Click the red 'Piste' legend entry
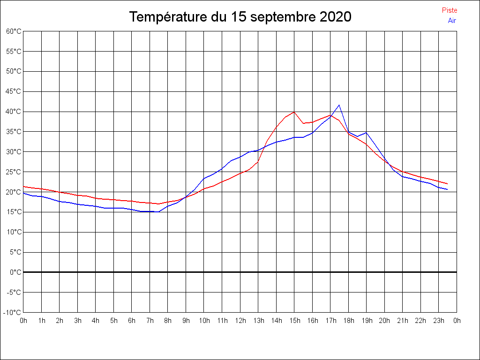point(449,10)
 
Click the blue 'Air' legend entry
point(452,21)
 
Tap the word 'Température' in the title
point(168,17)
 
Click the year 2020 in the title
point(335,17)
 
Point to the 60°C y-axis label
point(14,31)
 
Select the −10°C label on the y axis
point(13,312)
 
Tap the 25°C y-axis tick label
point(14,172)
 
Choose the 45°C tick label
point(14,91)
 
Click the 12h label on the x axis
point(240,321)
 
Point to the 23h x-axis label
point(439,321)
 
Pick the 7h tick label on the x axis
point(150,321)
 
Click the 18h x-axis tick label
point(348,321)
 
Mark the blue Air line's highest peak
point(339,105)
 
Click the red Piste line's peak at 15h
point(294,112)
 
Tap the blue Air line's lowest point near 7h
point(158,212)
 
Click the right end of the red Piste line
point(448,184)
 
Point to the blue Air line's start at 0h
point(23,193)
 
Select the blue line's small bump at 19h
point(366,133)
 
